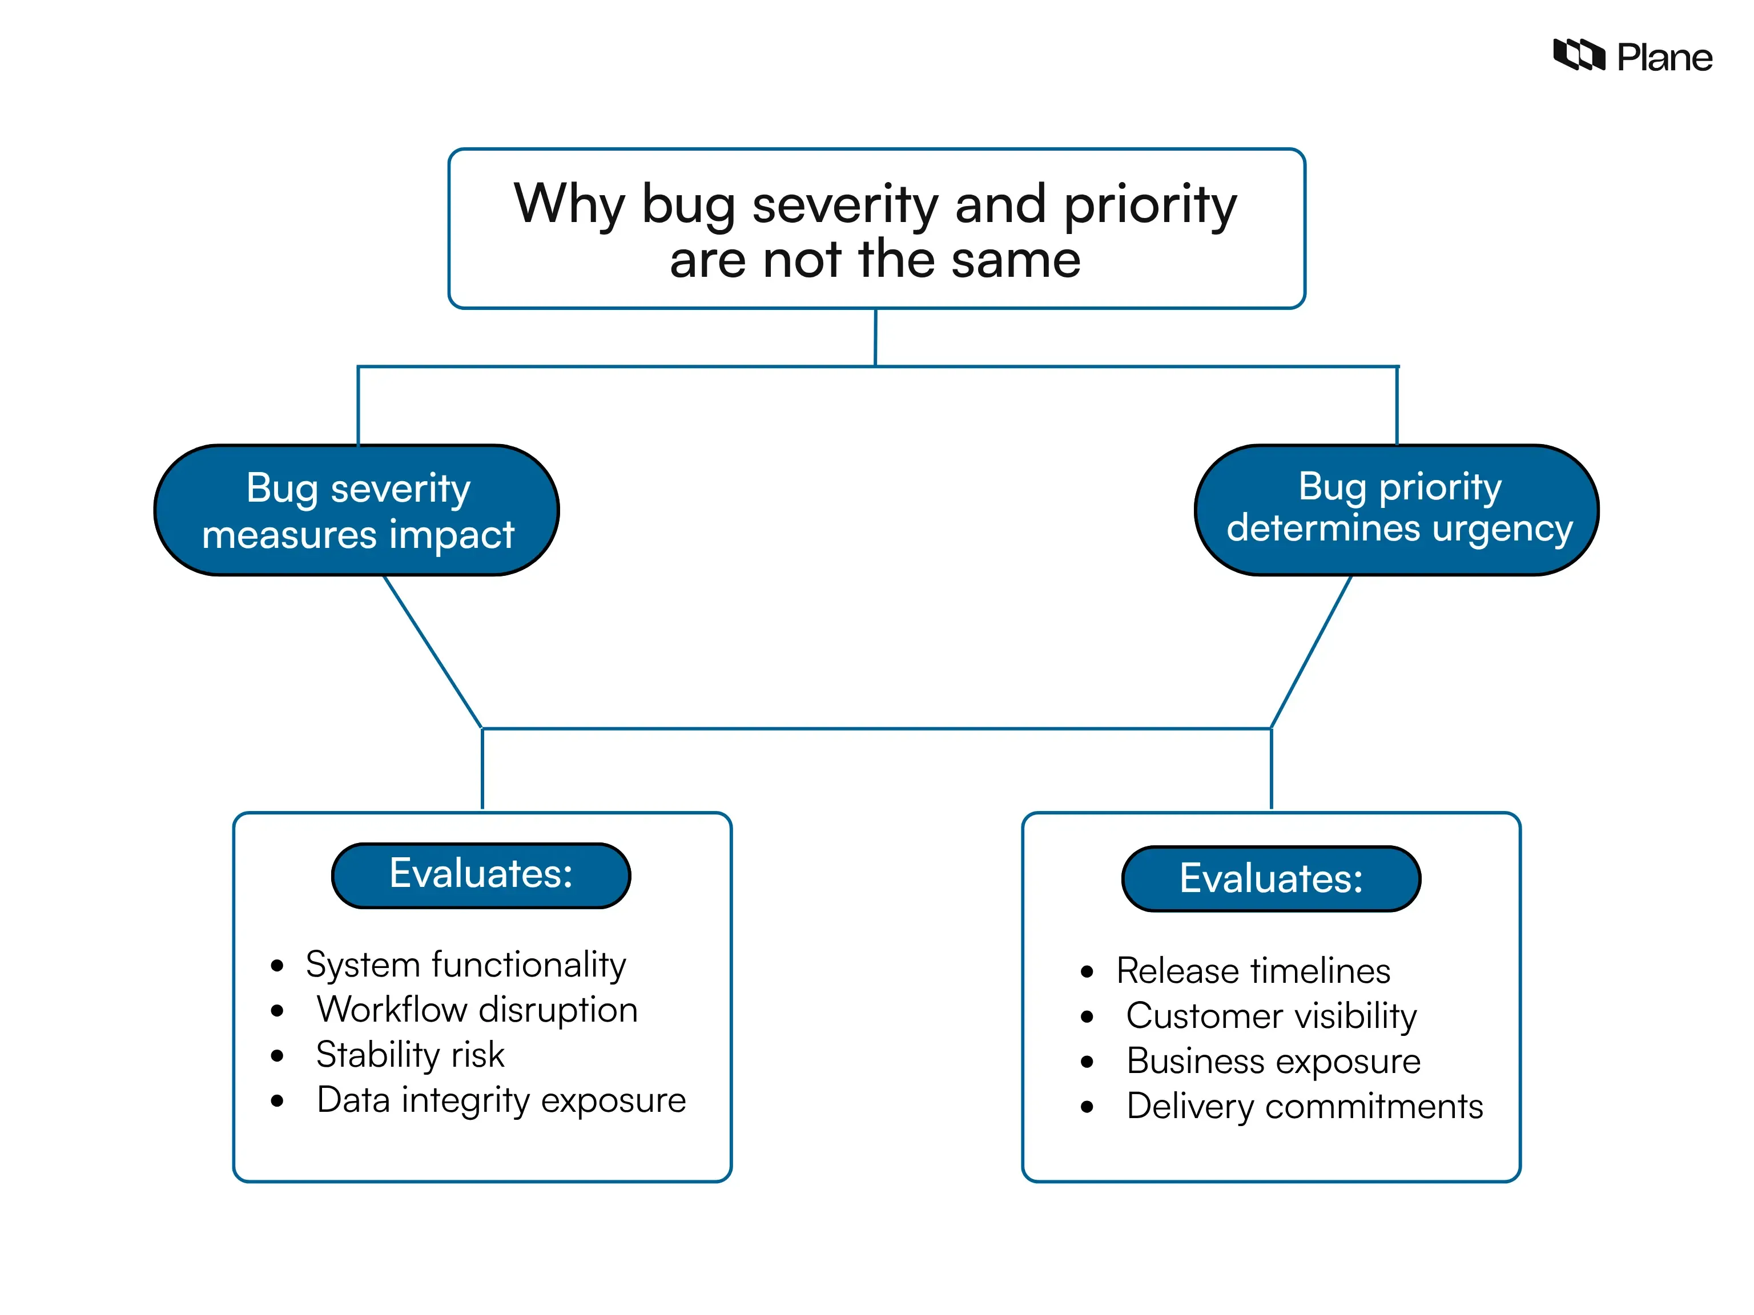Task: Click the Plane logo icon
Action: [1578, 55]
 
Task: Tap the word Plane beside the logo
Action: [1664, 58]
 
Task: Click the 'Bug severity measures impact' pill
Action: [357, 510]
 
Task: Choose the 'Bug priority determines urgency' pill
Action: [1397, 509]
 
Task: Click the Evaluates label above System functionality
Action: [481, 874]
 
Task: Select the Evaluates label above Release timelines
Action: [1270, 879]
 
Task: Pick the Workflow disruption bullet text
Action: [477, 1010]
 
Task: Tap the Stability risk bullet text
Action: [410, 1055]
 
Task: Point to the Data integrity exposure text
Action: [501, 1100]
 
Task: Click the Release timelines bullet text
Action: [1253, 971]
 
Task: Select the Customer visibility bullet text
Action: [1271, 1016]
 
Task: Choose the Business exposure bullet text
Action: [1273, 1062]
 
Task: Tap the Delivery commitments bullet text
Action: [1305, 1107]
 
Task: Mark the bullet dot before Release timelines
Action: [1087, 972]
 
